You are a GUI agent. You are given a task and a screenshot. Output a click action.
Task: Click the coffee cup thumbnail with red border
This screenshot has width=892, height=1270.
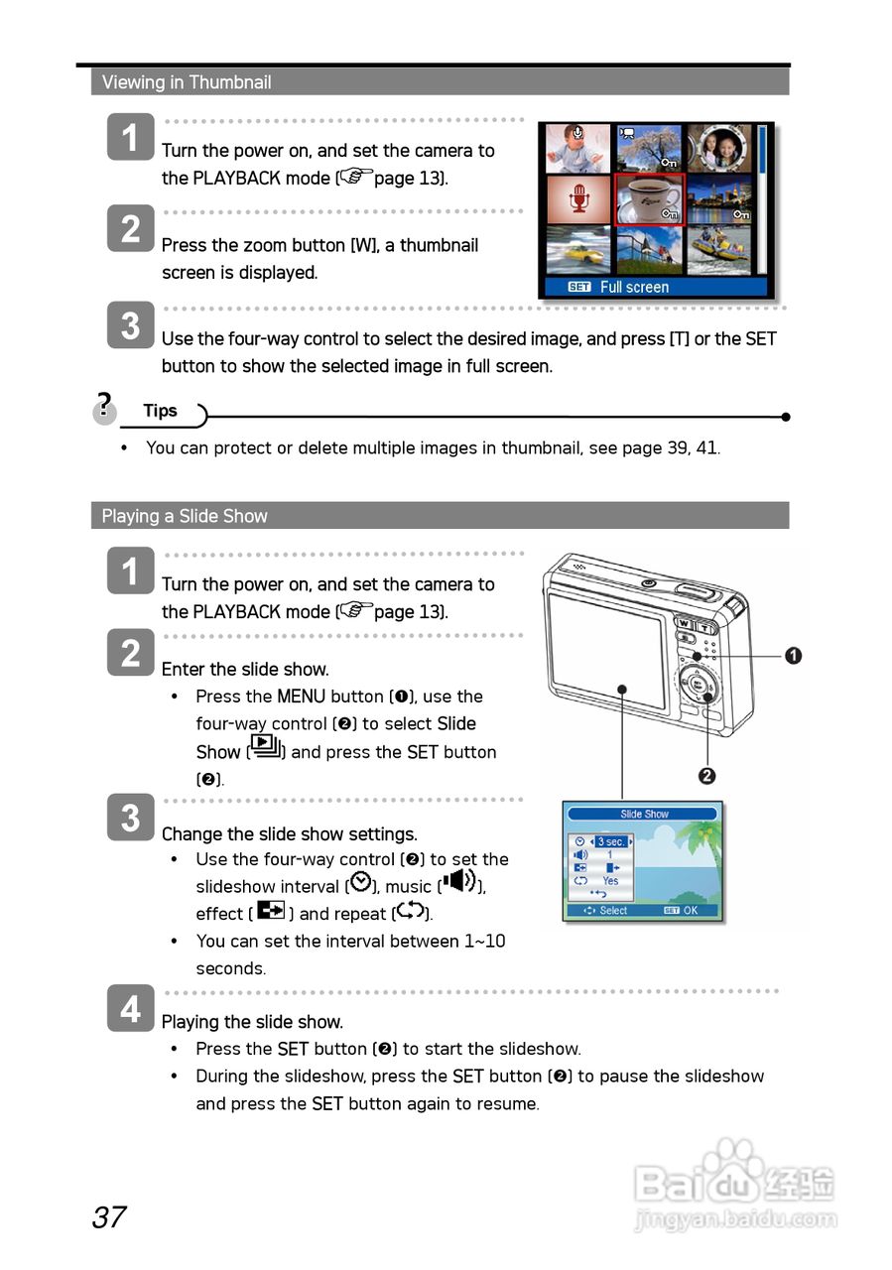(x=649, y=198)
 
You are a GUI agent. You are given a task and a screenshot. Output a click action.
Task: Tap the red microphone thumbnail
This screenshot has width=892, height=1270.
(x=578, y=198)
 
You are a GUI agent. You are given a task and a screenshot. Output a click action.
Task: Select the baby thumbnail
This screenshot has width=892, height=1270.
(x=578, y=148)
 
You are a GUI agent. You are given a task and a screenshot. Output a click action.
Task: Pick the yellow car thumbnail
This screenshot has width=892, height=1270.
(x=578, y=249)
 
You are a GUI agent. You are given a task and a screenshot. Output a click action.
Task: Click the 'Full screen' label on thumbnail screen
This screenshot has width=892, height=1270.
(x=634, y=287)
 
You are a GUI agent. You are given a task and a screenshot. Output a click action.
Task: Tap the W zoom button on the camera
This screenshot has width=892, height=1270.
(x=685, y=627)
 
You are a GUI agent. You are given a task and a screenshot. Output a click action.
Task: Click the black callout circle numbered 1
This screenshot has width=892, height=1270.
(x=793, y=655)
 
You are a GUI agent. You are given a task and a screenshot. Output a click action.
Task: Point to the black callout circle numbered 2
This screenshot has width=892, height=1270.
(x=707, y=776)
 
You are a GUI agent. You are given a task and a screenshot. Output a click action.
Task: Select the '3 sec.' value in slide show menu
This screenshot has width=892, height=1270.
(x=610, y=841)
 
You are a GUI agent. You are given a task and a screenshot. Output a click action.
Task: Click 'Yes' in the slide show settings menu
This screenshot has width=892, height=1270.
(x=610, y=880)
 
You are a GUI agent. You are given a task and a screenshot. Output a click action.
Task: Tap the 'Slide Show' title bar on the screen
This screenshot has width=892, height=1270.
(x=644, y=814)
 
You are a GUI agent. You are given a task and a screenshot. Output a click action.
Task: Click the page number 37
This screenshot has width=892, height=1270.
(x=109, y=1216)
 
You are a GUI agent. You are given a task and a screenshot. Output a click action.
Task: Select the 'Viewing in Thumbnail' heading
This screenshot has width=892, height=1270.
(x=187, y=82)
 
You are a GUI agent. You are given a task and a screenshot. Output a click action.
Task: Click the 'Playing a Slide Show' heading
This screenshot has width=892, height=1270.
(x=185, y=516)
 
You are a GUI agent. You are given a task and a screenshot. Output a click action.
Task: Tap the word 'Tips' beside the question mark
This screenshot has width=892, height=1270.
(x=160, y=411)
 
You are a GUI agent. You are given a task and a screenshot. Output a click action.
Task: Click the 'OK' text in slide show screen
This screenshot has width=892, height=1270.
(x=691, y=910)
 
